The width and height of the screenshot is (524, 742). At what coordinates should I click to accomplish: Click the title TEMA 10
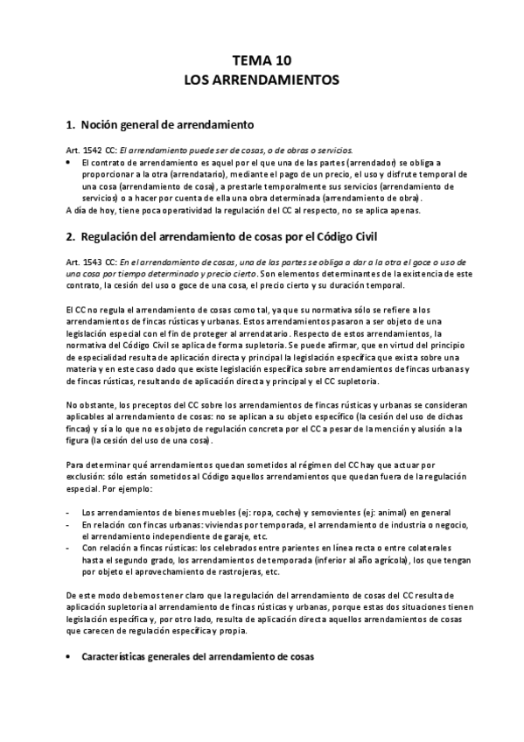[x=262, y=60]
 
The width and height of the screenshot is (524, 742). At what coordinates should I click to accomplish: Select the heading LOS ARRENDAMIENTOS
[x=262, y=80]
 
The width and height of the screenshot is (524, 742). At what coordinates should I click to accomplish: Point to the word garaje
[x=223, y=536]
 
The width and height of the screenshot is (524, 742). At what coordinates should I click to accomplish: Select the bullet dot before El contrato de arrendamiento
[x=69, y=163]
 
